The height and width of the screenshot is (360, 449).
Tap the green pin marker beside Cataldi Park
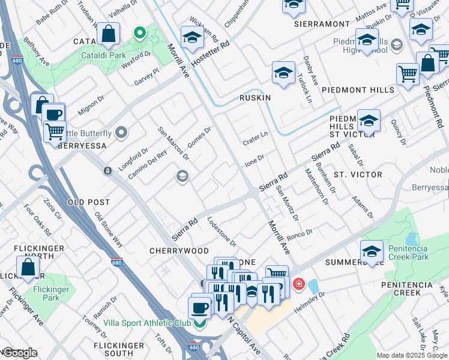click(x=139, y=32)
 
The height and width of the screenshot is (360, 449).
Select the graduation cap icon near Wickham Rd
click(x=192, y=37)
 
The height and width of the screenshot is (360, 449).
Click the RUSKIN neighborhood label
click(x=255, y=97)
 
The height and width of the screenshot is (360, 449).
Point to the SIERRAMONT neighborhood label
click(x=322, y=24)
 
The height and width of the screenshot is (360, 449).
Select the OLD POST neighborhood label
click(x=89, y=202)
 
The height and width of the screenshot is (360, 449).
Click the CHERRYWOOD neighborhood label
click(x=180, y=251)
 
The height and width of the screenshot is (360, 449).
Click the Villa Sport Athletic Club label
click(x=147, y=323)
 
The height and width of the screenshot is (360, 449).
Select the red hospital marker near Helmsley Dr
click(x=298, y=283)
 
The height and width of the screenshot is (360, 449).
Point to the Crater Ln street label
click(x=255, y=139)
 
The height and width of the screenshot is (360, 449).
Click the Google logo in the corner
click(x=19, y=353)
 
